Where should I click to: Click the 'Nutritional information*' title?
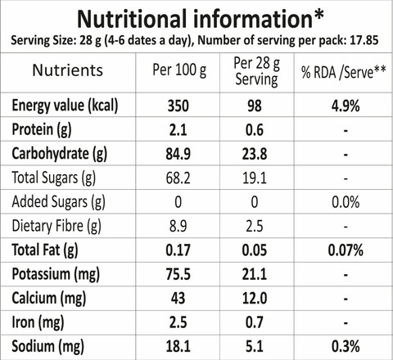click(x=201, y=19)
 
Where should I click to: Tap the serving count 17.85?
click(x=364, y=40)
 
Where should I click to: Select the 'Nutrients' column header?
click(x=68, y=70)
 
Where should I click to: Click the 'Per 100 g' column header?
click(x=179, y=70)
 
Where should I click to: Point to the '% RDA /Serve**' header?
click(x=344, y=73)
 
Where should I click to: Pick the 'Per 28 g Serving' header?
click(x=256, y=71)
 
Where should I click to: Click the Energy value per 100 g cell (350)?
click(x=178, y=106)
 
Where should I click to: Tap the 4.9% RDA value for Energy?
click(x=346, y=106)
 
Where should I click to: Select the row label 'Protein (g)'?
click(x=42, y=130)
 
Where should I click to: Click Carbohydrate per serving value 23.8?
click(x=255, y=154)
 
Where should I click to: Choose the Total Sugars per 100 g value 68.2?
click(x=178, y=178)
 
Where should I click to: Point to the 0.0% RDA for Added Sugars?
click(x=346, y=202)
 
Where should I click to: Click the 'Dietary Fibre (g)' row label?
click(x=56, y=227)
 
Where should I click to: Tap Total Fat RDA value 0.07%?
click(x=346, y=250)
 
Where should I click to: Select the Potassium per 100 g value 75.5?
click(x=178, y=274)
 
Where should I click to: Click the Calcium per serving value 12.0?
click(x=255, y=299)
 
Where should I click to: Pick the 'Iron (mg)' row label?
click(x=38, y=322)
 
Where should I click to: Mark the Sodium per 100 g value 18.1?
click(x=178, y=347)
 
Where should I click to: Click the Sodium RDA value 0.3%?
click(x=346, y=347)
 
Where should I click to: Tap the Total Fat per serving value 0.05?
click(x=255, y=250)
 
